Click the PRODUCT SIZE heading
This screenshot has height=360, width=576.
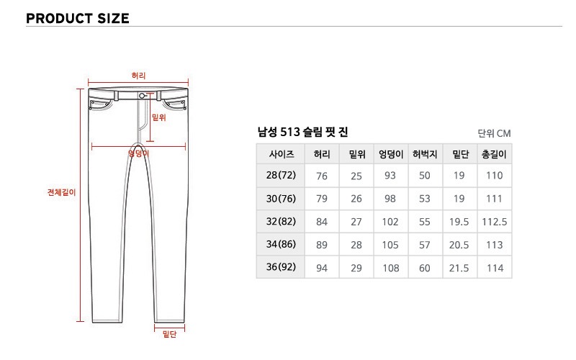(78, 19)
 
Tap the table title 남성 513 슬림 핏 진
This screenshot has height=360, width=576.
(302, 132)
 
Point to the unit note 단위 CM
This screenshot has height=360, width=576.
(494, 133)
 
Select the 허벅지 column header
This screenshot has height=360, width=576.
(425, 154)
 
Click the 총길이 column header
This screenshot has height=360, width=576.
(494, 154)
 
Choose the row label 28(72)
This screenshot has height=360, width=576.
(281, 175)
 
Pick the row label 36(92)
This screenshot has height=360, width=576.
(281, 266)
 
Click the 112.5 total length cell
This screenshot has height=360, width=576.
(495, 222)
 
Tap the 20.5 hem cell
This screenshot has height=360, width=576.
(459, 245)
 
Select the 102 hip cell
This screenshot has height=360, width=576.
(390, 222)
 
